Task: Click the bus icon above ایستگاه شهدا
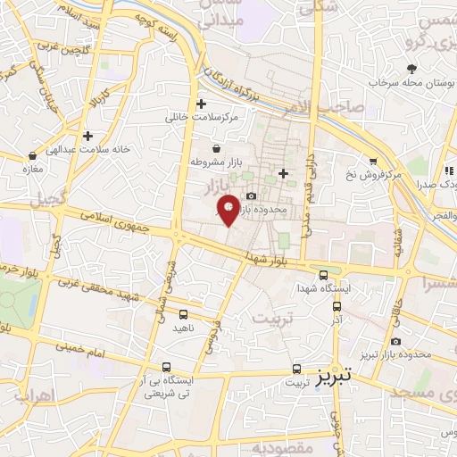click(323, 275)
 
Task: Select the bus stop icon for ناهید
click(183, 313)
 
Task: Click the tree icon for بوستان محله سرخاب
click(411, 68)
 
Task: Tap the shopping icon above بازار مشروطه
click(216, 148)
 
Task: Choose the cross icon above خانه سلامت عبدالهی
click(87, 136)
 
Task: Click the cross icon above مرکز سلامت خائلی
click(202, 104)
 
